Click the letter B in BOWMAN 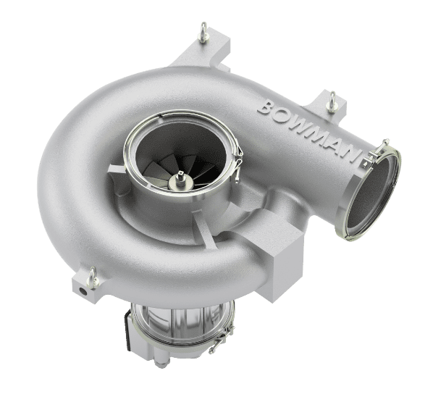click(266, 107)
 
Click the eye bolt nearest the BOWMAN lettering click(332, 101)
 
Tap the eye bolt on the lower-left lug click(93, 277)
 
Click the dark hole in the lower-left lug click(83, 291)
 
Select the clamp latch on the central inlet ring click(238, 165)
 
